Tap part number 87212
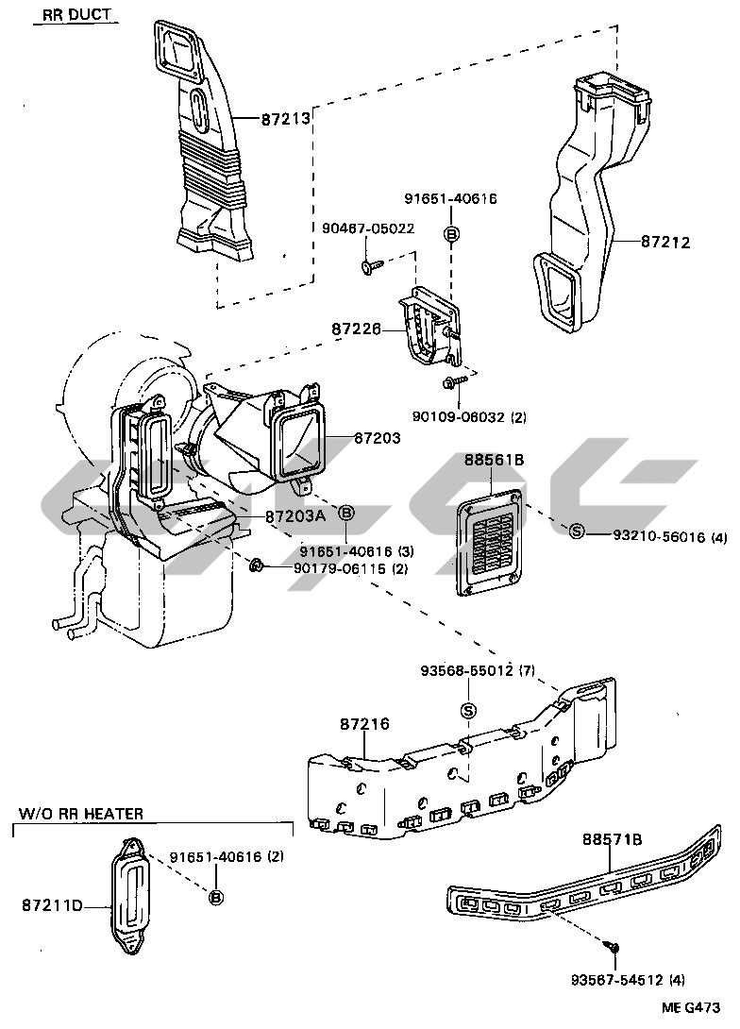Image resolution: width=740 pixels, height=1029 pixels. click(665, 243)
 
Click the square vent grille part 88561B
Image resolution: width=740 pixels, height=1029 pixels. click(491, 544)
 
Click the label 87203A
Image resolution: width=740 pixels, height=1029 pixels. click(295, 516)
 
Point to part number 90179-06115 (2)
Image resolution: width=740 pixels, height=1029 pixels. click(337, 568)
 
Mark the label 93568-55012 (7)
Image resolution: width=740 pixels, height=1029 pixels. click(479, 671)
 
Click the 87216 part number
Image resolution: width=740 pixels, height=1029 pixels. click(364, 724)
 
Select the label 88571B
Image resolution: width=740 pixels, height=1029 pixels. click(612, 838)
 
